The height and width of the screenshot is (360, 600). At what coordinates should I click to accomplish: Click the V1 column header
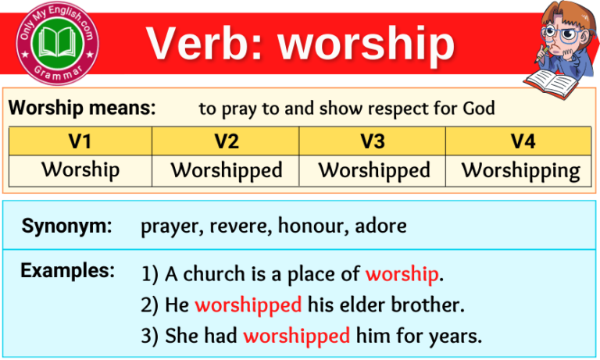80,141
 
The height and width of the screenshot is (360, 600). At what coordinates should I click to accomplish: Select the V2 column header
226,141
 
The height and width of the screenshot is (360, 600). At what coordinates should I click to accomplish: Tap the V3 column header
373,141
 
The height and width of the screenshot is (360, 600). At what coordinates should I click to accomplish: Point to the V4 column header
520,141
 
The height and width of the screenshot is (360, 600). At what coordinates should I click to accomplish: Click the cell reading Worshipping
520,170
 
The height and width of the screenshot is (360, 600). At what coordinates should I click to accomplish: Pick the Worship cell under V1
80,170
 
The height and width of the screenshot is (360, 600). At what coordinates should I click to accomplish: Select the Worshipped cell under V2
226,170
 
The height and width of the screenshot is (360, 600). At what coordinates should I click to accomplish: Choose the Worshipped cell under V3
373,170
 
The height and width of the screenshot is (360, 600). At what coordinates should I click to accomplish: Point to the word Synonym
66,226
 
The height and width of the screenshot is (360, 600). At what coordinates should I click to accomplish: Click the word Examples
68,271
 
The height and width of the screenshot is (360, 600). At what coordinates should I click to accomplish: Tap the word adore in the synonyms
380,227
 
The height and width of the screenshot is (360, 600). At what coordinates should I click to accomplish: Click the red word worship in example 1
402,274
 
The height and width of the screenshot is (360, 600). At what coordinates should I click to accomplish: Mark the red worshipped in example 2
248,305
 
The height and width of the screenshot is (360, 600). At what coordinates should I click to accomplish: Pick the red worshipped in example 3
296,337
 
